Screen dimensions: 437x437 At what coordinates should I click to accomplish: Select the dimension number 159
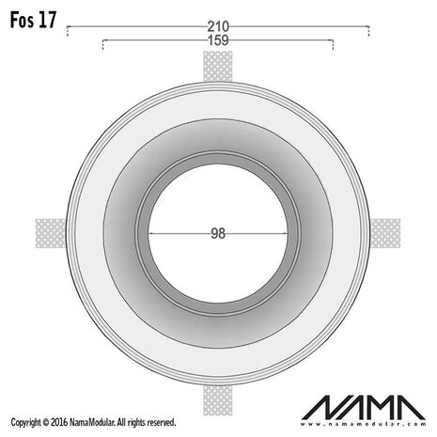tap(218, 41)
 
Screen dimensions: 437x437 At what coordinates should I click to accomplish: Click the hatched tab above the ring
tap(217, 65)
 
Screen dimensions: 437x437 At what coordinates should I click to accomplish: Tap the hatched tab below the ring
tap(217, 399)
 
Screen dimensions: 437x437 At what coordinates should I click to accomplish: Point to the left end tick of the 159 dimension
tap(102, 45)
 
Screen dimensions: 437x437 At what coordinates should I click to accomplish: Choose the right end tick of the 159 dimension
tap(334, 45)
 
